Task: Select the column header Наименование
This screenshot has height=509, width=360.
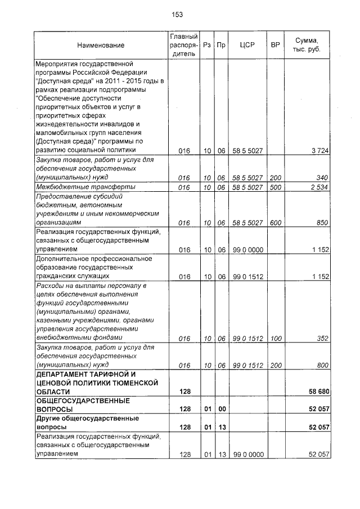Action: pos(101,45)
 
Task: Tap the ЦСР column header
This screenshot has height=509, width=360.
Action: pos(248,45)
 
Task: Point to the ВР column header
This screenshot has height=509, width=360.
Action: pos(275,45)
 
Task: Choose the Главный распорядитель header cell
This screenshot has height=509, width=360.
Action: pos(184,45)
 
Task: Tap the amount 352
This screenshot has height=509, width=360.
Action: pos(322,338)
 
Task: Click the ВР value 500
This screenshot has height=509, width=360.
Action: pos(275,187)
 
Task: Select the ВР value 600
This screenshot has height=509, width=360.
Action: pos(275,223)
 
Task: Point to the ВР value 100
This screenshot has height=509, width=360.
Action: pos(275,338)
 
